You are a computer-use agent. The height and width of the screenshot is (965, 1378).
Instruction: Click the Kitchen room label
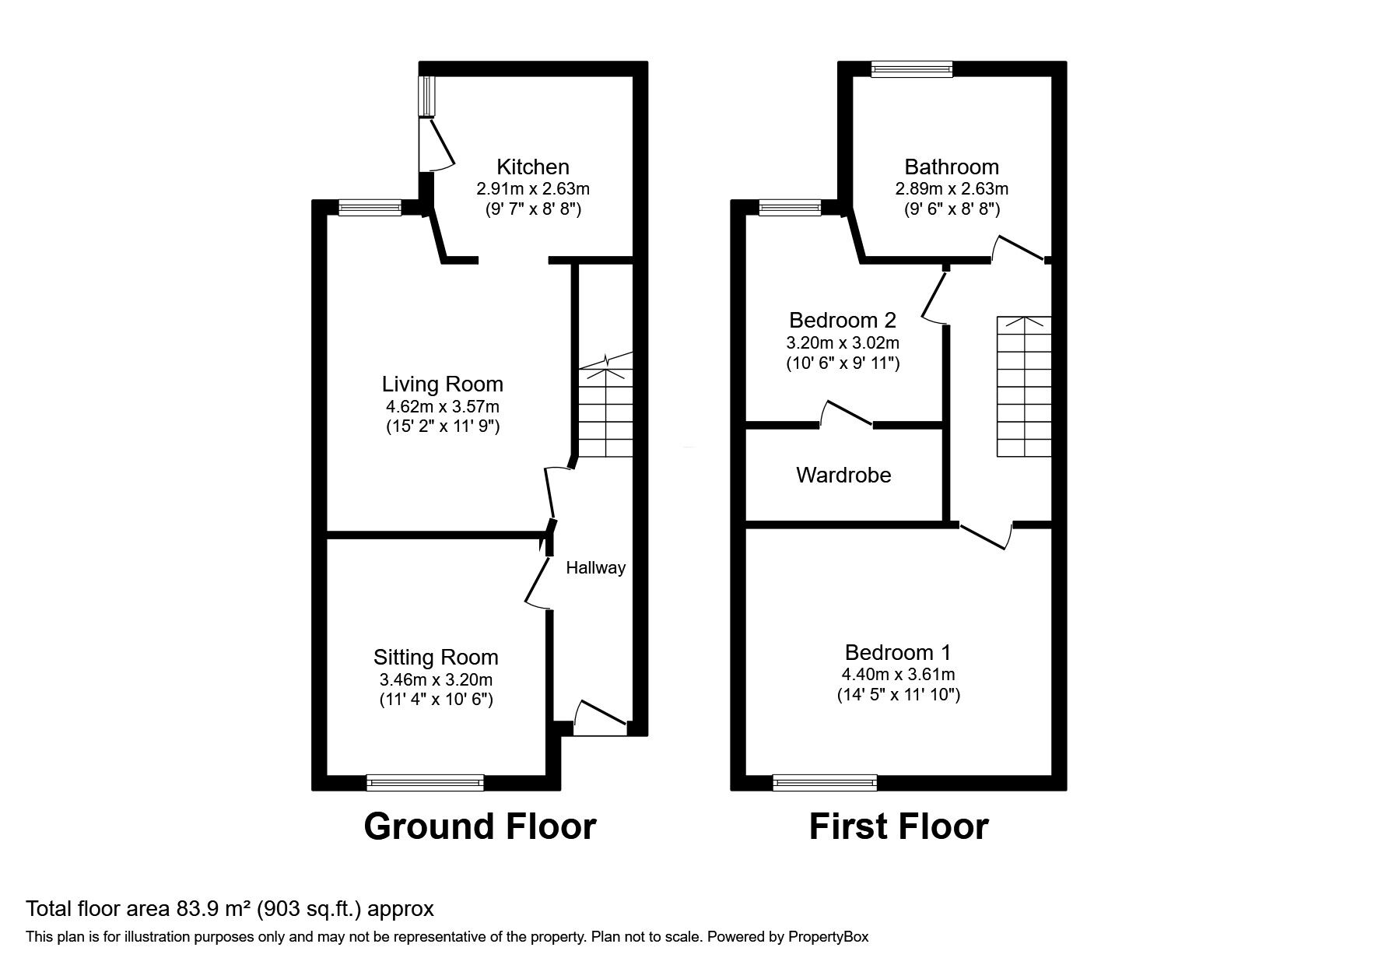click(532, 167)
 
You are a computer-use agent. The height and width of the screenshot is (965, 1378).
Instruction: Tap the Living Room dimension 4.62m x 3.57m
click(442, 406)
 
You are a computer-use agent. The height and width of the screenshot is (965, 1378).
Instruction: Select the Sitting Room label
click(436, 657)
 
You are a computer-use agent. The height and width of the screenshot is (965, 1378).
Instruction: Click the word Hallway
click(595, 568)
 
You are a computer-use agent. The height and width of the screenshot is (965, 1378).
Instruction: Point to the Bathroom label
click(951, 167)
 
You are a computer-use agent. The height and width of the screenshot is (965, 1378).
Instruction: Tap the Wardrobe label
click(843, 475)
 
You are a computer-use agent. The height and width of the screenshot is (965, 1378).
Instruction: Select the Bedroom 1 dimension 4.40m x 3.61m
click(899, 674)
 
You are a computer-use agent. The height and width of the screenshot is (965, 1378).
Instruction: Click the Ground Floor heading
click(479, 826)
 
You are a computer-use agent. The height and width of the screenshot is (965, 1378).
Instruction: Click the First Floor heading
click(899, 826)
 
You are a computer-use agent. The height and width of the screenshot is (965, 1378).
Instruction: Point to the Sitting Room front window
click(425, 782)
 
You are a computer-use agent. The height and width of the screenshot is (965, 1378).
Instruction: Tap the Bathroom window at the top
click(912, 69)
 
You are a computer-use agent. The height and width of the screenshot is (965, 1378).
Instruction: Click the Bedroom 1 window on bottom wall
click(825, 782)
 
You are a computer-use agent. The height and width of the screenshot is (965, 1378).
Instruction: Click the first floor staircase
click(1024, 387)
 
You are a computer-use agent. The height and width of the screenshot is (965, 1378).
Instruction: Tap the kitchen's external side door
click(436, 145)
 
